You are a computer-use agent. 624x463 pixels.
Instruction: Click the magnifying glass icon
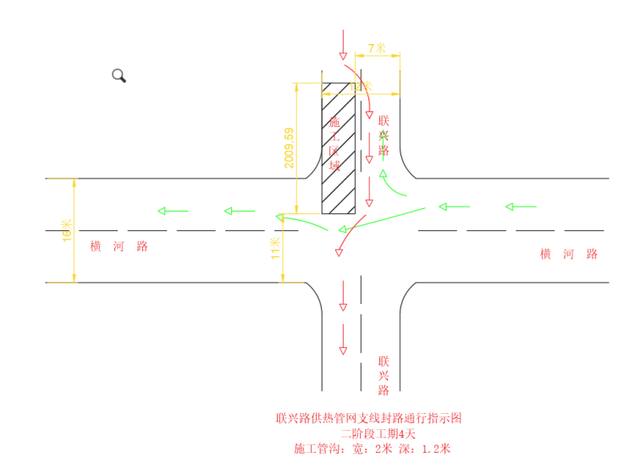tap(119, 75)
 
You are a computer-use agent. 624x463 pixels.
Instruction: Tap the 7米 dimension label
tap(377, 49)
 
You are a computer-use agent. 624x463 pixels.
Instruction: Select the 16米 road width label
tap(67, 231)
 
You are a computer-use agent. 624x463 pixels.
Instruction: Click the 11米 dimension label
tap(276, 248)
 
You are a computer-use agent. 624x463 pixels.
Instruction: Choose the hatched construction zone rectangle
tap(338, 148)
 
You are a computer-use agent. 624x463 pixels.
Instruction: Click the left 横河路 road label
tap(119, 246)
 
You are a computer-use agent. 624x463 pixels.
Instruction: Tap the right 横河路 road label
tap(569, 254)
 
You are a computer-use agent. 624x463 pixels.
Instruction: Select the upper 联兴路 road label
tap(384, 135)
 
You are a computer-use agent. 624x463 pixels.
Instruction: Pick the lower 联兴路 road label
tap(384, 375)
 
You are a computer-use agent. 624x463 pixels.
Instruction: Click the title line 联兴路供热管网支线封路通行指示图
tap(369, 418)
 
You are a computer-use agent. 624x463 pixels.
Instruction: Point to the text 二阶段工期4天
tap(369, 433)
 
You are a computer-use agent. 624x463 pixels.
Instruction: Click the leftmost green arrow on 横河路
tap(172, 210)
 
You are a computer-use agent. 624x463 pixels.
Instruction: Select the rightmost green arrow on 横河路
tap(521, 207)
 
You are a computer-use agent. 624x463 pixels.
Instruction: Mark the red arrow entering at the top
tap(341, 43)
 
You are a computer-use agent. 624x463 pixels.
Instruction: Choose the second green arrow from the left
tap(240, 210)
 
